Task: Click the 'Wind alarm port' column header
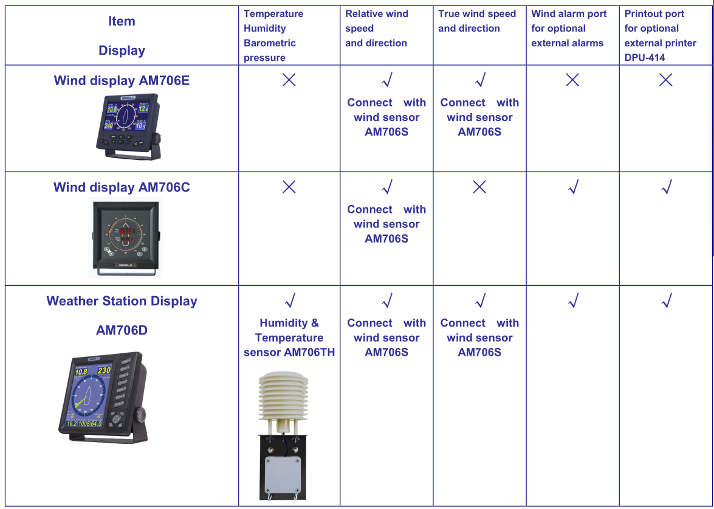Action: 568,29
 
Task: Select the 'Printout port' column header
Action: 660,36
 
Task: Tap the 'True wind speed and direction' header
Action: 477,21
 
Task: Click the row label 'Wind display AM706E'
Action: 122,81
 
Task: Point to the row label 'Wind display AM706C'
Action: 122,187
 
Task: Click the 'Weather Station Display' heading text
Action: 122,301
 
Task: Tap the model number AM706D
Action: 122,331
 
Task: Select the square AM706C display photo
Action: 125,237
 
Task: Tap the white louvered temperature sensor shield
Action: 284,398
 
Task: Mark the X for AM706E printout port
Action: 666,80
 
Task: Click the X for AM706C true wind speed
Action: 479,187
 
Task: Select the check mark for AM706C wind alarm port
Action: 572,187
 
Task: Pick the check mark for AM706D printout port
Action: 666,300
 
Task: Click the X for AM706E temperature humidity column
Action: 289,80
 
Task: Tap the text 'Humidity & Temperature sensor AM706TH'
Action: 289,338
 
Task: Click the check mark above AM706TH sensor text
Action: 290,300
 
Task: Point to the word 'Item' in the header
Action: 122,21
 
